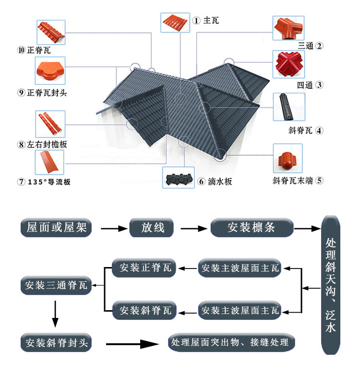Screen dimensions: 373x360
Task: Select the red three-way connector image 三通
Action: click(289, 28)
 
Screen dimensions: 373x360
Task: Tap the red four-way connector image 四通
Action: click(289, 64)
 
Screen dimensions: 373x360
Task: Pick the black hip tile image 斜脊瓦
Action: click(289, 106)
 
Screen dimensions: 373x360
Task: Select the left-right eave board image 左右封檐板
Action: click(49, 124)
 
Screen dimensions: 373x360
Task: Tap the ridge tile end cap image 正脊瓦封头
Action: click(49, 71)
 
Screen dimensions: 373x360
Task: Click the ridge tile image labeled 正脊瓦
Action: click(49, 32)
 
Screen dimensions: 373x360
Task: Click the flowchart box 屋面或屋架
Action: click(56, 227)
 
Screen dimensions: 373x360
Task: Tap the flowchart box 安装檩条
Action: click(252, 227)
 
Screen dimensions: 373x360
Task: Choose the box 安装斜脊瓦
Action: click(144, 310)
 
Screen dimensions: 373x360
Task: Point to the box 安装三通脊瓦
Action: click(56, 286)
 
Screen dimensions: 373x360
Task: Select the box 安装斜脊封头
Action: click(56, 343)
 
